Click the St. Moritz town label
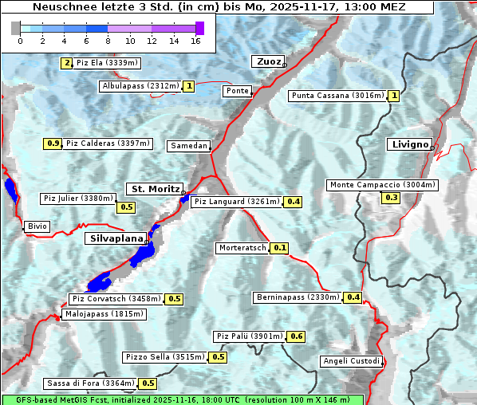pyautogui.click(x=154, y=189)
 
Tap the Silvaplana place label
pyautogui.click(x=116, y=238)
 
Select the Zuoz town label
pyautogui.click(x=267, y=61)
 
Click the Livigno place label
pyautogui.click(x=409, y=144)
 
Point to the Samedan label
pyautogui.click(x=189, y=146)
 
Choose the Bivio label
pyautogui.click(x=37, y=226)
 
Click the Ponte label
pyautogui.click(x=238, y=91)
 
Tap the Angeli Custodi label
pyautogui.click(x=351, y=361)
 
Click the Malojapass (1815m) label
pyautogui.click(x=104, y=314)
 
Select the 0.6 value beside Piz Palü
pyautogui.click(x=297, y=336)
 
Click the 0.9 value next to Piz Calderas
pyautogui.click(x=53, y=144)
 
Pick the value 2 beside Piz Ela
pyautogui.click(x=67, y=63)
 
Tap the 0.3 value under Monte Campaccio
pyautogui.click(x=391, y=198)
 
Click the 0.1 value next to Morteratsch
pyautogui.click(x=280, y=248)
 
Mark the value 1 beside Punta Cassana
pyautogui.click(x=394, y=96)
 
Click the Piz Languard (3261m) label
pyautogui.click(x=237, y=202)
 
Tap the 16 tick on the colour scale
pyautogui.click(x=195, y=41)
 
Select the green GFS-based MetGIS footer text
pyautogui.click(x=182, y=399)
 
